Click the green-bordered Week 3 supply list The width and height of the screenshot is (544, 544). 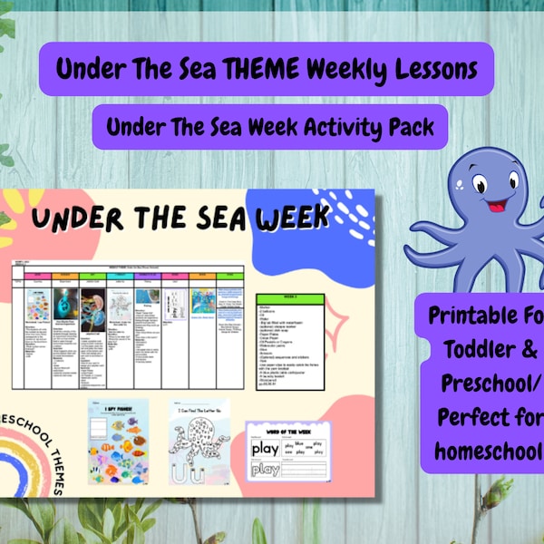pyautogui.click(x=291, y=339)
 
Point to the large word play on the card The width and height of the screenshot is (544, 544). pyautogui.click(x=266, y=449)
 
